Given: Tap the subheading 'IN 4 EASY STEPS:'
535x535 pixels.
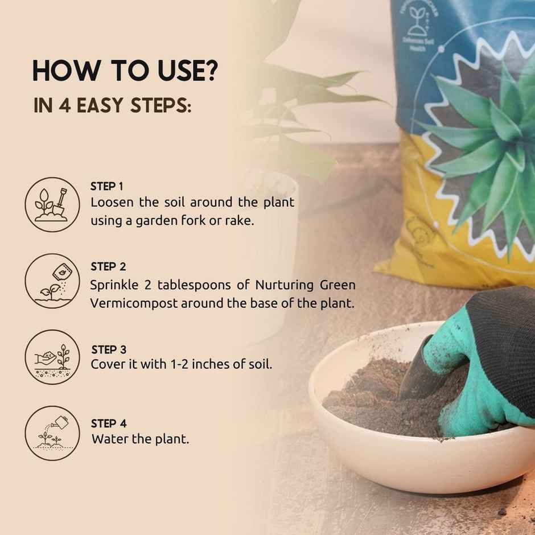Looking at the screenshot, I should (x=112, y=106).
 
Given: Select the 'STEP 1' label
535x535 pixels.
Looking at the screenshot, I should (x=107, y=186).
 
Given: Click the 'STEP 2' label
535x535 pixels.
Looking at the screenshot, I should (x=108, y=266).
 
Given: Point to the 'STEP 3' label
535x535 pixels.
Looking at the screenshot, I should (x=108, y=349).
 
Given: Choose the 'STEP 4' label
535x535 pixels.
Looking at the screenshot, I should (x=108, y=423).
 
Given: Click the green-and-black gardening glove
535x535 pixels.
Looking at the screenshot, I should (x=484, y=364).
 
